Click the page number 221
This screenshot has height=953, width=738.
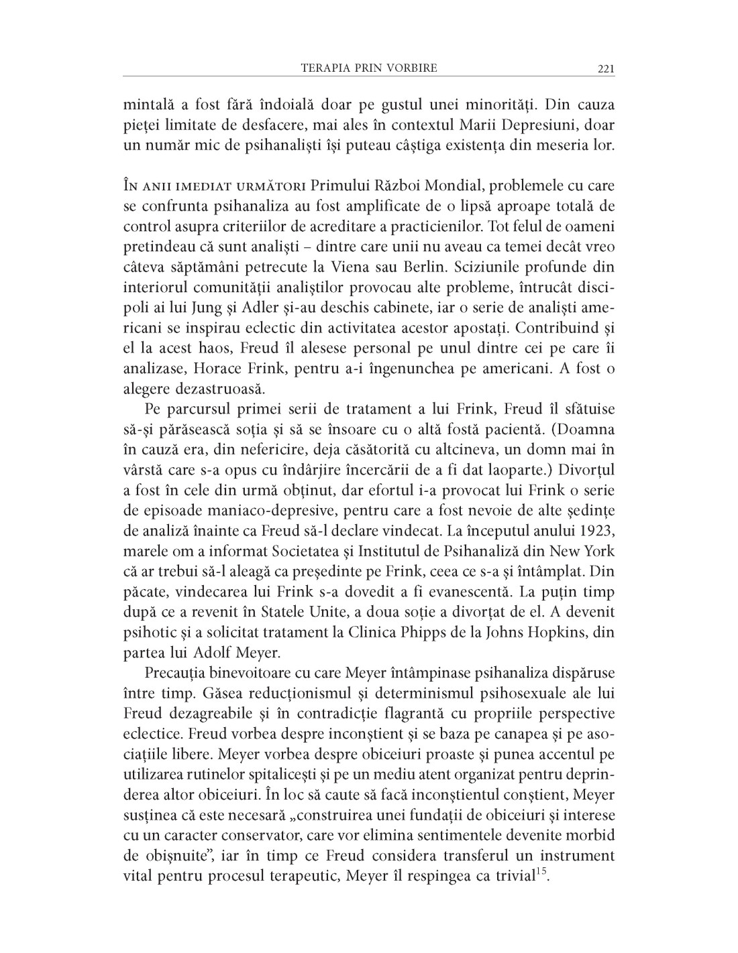pos(605,68)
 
